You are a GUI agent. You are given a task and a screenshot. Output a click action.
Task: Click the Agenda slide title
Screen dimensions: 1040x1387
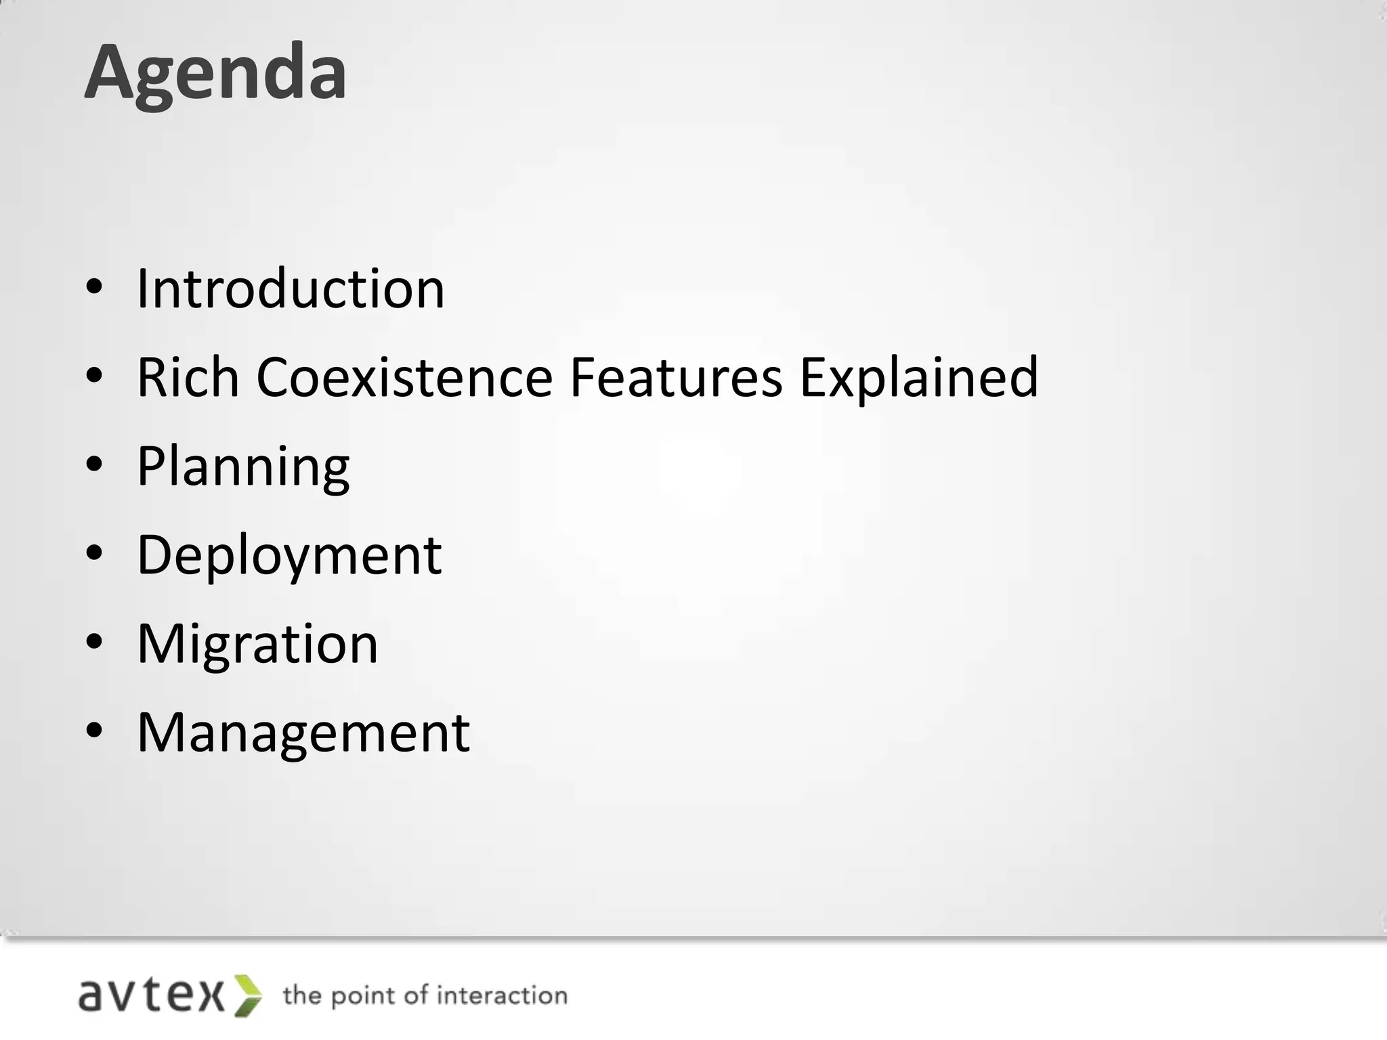[215, 73]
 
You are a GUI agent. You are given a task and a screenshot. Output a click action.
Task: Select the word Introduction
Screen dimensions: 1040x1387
[291, 289]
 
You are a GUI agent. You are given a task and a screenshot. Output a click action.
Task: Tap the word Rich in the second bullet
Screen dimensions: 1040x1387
[188, 377]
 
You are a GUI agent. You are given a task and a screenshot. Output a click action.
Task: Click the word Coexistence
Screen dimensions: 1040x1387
[404, 377]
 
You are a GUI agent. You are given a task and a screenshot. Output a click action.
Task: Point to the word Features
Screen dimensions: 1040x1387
[676, 377]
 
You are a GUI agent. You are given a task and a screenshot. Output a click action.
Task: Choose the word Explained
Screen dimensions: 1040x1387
[918, 377]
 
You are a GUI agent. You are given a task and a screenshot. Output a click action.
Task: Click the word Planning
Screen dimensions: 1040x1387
[243, 467]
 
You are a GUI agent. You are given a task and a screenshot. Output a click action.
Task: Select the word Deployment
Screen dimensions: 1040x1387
[289, 555]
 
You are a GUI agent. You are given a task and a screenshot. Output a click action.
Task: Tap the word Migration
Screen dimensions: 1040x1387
[257, 644]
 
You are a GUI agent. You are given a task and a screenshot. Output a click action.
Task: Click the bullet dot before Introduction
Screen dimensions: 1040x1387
[94, 287]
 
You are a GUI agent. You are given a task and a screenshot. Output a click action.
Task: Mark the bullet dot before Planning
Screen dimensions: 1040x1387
[94, 464]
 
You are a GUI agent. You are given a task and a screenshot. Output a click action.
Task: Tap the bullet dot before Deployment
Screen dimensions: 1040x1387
[94, 553]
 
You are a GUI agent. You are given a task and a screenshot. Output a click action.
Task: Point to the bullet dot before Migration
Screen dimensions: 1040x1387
[94, 642]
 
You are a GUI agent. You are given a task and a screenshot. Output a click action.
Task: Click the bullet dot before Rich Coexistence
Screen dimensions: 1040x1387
[94, 376]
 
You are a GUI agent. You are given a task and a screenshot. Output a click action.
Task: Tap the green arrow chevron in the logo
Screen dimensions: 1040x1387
[248, 995]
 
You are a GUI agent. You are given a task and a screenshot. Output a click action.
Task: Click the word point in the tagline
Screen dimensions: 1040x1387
[366, 997]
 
